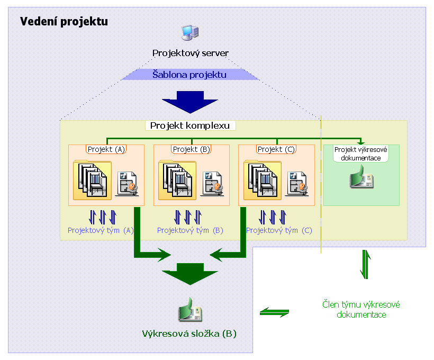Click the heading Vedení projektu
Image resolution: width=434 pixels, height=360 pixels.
[64, 22]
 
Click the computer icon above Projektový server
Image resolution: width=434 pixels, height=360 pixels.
[190, 33]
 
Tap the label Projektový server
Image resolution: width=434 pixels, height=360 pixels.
[191, 53]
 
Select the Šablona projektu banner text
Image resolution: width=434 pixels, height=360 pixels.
[189, 75]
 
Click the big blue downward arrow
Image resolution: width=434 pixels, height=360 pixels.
[190, 101]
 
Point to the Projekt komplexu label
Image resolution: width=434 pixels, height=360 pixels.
[190, 126]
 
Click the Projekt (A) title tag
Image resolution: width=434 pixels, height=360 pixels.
[106, 149]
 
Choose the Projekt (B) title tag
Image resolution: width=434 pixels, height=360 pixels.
[192, 149]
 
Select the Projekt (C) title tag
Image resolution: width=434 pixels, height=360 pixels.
[276, 149]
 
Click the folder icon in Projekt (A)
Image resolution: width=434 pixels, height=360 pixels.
[92, 180]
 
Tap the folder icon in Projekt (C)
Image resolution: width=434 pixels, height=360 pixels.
[262, 180]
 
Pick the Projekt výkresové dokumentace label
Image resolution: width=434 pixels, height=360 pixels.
[361, 154]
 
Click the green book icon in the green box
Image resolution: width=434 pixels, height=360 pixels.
[361, 177]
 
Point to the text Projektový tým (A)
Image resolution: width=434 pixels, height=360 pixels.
[101, 231]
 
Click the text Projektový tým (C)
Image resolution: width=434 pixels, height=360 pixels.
[279, 231]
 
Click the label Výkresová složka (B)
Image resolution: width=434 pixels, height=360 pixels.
[189, 334]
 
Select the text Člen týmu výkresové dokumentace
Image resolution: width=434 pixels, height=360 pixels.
[361, 310]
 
